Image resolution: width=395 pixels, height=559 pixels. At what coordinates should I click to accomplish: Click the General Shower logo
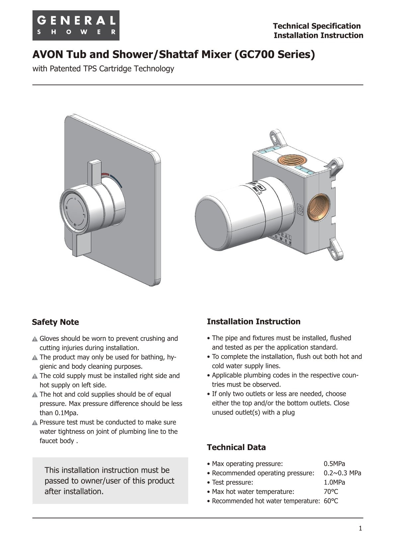tap(76, 26)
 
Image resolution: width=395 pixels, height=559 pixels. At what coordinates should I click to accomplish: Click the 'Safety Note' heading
tap(55, 322)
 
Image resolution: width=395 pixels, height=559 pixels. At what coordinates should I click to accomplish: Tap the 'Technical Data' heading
tap(236, 447)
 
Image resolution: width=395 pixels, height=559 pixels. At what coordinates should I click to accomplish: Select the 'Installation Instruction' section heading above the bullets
tap(253, 322)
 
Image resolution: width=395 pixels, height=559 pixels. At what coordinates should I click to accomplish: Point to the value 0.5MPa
tap(334, 464)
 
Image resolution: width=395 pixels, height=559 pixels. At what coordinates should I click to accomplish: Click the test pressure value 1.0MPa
tap(334, 482)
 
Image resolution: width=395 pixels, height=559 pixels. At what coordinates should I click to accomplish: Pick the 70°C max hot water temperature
tap(331, 492)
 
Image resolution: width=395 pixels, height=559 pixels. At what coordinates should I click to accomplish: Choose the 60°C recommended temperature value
tap(331, 501)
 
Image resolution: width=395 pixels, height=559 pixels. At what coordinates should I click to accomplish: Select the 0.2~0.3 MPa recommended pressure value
tap(342, 473)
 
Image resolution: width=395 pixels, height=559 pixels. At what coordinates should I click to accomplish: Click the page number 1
tap(360, 528)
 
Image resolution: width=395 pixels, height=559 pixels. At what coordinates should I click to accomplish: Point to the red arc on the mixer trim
tap(105, 174)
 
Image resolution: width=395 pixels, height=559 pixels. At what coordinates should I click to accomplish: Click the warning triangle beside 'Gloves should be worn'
tap(35, 339)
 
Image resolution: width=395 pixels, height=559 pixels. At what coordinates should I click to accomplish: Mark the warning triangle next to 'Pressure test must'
tap(35, 423)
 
